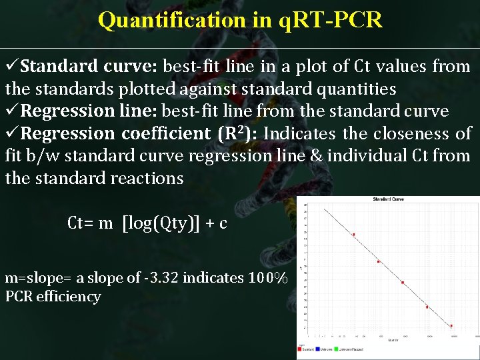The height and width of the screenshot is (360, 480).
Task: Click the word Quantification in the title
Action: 173,20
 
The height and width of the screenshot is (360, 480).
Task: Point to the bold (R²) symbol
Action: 235,133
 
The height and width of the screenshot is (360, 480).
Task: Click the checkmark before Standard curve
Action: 11,67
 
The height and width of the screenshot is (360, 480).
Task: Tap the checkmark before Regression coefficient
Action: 11,133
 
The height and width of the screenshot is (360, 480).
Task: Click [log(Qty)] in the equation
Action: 161,223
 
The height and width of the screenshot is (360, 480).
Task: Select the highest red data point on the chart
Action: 353,235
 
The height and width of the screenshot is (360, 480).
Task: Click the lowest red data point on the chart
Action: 451,326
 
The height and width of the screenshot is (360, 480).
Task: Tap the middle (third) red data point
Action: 403,283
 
